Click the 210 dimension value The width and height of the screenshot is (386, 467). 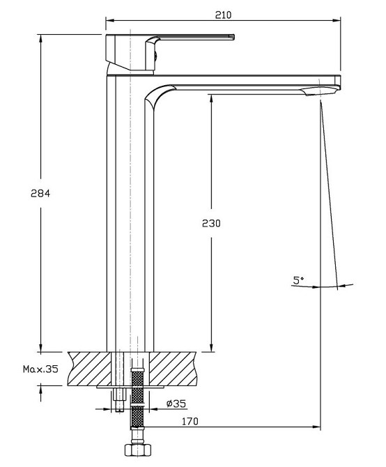(x=223, y=15)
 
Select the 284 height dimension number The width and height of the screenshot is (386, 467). (x=40, y=193)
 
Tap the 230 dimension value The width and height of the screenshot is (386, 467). (x=211, y=223)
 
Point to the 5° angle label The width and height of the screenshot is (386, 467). (x=298, y=280)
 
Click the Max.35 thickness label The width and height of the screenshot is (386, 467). (x=40, y=369)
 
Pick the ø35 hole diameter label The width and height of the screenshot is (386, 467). (x=176, y=404)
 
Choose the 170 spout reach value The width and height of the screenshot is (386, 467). (x=190, y=422)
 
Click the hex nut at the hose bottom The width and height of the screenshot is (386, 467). (x=138, y=450)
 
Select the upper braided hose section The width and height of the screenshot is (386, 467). (x=137, y=386)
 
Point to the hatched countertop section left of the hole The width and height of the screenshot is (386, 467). (x=90, y=369)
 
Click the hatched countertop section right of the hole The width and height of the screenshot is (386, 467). (x=173, y=369)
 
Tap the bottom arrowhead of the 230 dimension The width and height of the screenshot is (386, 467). (x=211, y=348)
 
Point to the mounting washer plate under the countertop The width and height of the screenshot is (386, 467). (x=130, y=387)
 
